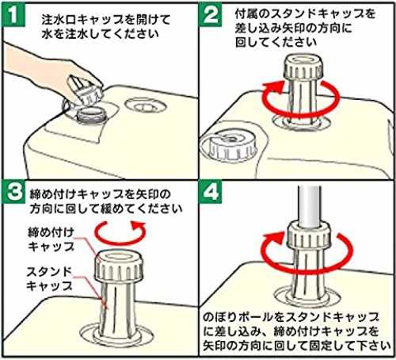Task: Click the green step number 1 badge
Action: [13, 14]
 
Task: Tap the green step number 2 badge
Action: [211, 14]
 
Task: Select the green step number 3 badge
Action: [13, 192]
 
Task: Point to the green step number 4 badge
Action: [211, 192]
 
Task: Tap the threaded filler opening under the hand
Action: [91, 117]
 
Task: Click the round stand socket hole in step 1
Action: [146, 105]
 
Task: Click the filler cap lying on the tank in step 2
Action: [227, 147]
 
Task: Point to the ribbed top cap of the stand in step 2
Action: [303, 67]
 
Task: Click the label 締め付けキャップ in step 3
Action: [51, 239]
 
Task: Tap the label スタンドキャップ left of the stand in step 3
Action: [50, 278]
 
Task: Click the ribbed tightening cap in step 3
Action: [119, 266]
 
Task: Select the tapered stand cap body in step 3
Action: [116, 309]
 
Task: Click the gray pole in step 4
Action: [310, 206]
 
